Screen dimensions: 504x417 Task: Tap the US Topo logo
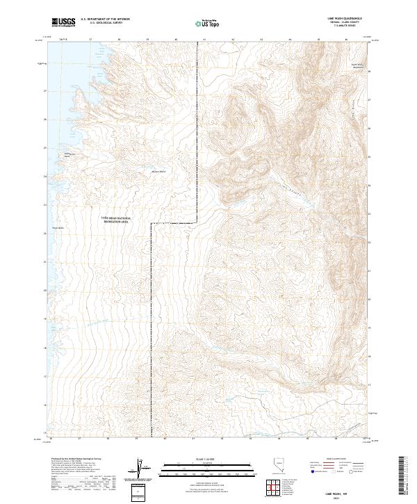[x=208, y=24]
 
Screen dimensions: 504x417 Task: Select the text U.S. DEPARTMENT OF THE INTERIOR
[x=106, y=20]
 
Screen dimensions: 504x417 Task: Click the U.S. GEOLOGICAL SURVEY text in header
[x=106, y=24]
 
